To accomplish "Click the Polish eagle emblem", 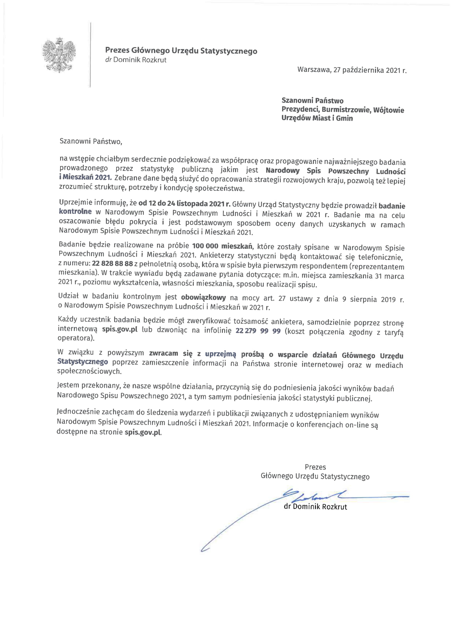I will point(59,55).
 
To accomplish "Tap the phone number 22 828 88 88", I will point(112,263).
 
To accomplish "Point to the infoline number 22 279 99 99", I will point(258,331).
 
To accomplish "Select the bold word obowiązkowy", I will point(203,297).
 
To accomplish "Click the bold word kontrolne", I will point(75,211).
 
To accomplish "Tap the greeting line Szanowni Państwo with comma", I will point(91,141).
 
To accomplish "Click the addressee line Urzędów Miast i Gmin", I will point(317,118).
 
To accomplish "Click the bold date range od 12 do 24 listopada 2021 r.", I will point(184,204).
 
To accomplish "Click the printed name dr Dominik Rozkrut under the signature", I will point(315,507).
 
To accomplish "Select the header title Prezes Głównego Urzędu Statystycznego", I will point(181,51).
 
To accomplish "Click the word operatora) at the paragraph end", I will point(76,338).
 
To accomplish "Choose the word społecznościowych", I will point(89,371).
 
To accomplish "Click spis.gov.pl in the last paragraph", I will point(143,432).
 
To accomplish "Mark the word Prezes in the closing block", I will point(315,467).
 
